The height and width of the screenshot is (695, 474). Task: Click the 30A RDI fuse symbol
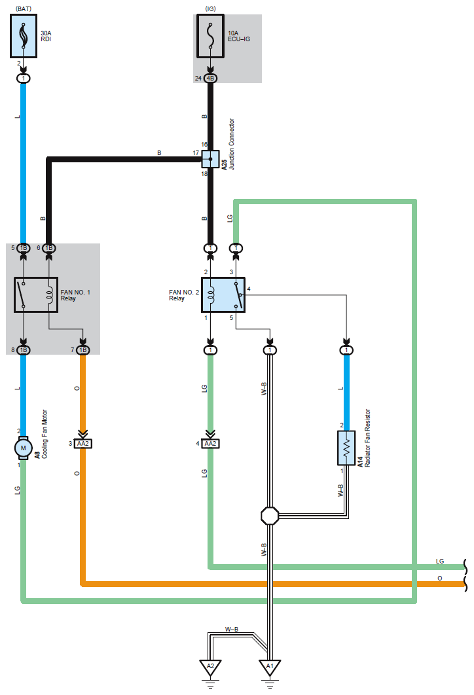(x=24, y=36)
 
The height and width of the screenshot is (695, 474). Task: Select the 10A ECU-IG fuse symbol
(x=211, y=36)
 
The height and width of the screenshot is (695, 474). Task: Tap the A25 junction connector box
(x=211, y=159)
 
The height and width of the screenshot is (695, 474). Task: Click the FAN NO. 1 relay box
(x=36, y=294)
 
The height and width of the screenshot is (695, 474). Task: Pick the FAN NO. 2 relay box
(x=223, y=294)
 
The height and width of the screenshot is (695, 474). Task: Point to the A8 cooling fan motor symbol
(x=24, y=448)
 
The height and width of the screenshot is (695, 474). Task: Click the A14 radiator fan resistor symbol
(x=346, y=448)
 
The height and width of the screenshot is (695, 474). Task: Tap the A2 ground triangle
(x=211, y=668)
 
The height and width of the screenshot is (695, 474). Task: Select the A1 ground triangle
(x=270, y=668)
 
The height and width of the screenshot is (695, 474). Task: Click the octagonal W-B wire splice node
(x=270, y=516)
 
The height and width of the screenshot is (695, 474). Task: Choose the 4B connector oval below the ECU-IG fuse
(x=211, y=79)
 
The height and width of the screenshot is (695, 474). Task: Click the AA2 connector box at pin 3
(x=83, y=443)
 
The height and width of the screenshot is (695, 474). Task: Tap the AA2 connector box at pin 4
(x=211, y=443)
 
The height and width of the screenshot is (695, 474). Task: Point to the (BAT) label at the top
(x=24, y=9)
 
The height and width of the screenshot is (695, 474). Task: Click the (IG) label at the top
(x=211, y=9)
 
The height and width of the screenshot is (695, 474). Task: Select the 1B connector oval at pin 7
(x=83, y=350)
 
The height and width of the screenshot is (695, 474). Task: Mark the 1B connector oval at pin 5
(x=24, y=248)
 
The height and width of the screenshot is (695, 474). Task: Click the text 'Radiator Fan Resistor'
(x=367, y=438)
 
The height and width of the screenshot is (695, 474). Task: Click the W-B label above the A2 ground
(x=232, y=630)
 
